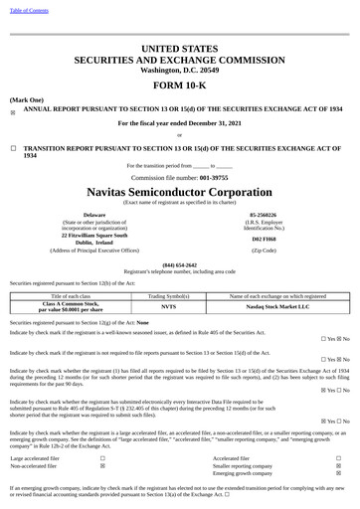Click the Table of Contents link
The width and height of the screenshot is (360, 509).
[28, 9]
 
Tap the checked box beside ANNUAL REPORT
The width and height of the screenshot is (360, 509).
[13, 112]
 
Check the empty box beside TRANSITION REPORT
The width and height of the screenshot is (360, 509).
[13, 147]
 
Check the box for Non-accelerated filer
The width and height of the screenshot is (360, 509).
[103, 465]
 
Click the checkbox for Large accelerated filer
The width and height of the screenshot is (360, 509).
[103, 457]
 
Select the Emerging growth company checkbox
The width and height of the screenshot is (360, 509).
[338, 473]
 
